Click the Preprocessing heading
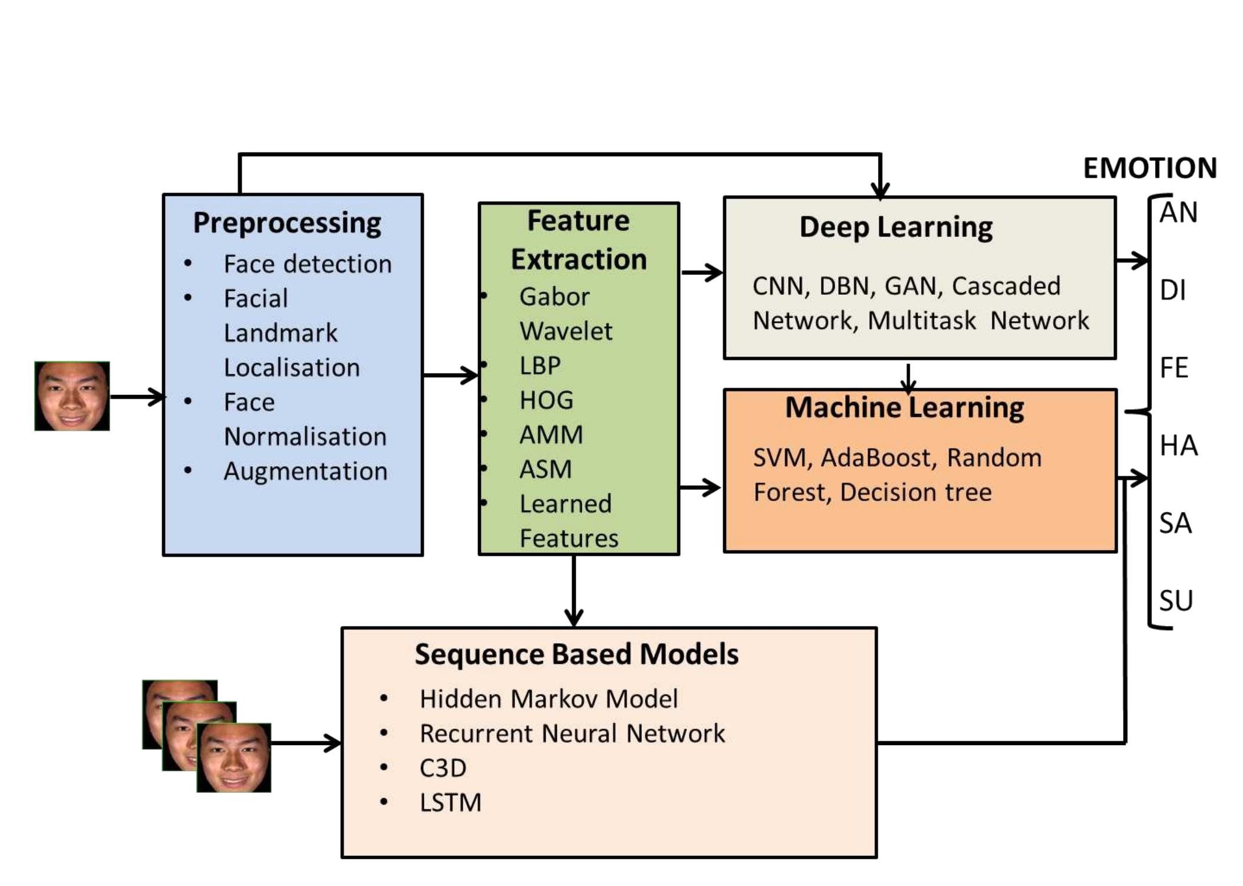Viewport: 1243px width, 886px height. click(287, 223)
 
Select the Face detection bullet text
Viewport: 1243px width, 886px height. click(307, 264)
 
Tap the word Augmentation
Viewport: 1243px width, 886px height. click(305, 471)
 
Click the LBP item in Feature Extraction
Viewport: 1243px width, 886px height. click(539, 365)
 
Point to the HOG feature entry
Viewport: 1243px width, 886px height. click(546, 400)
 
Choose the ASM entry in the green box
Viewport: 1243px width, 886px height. click(545, 469)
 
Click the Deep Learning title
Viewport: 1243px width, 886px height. click(895, 227)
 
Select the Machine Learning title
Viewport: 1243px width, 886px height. click(904, 408)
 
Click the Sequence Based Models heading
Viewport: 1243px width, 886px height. click(576, 654)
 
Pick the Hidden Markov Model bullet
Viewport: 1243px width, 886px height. click(548, 699)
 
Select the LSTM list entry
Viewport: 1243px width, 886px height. click(450, 803)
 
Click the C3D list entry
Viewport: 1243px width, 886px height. click(443, 768)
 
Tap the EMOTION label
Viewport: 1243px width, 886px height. click(1149, 168)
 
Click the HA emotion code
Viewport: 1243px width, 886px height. click(1178, 446)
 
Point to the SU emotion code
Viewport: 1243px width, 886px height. click(1176, 601)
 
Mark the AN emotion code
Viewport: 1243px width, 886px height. click(1178, 212)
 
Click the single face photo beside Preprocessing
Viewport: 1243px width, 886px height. click(72, 396)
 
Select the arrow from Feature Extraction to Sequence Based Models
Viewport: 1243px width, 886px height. click(573, 591)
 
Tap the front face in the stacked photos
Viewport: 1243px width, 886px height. click(234, 758)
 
